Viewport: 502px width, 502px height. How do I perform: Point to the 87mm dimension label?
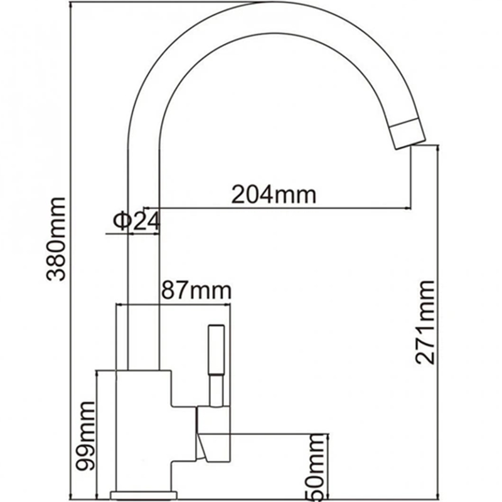[196, 291]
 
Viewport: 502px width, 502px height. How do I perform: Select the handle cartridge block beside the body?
[213, 433]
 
